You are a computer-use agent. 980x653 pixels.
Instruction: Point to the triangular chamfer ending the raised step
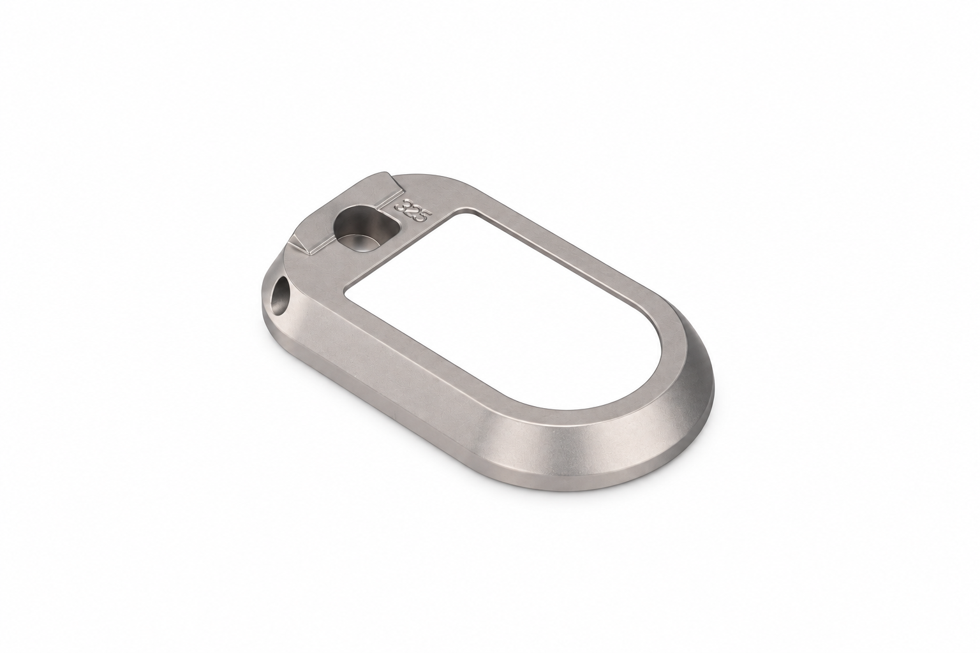point(302,243)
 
